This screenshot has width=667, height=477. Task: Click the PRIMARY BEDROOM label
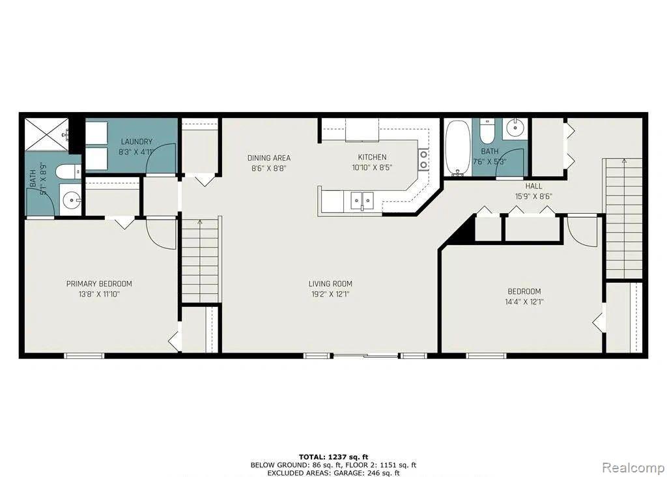coord(99,284)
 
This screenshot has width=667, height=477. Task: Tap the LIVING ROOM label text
coord(330,284)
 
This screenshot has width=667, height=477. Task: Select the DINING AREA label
coord(269,158)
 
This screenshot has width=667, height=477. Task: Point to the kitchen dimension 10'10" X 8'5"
coord(372,167)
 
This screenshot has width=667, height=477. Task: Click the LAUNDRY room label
coord(137,141)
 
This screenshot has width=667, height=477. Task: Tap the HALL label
coord(533,186)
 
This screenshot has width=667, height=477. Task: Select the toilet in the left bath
coord(68,172)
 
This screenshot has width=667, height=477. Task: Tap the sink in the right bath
coord(515,127)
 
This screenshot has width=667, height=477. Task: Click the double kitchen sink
coord(362,201)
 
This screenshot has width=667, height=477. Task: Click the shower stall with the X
coord(46,134)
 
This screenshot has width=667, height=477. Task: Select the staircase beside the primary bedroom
coord(200,261)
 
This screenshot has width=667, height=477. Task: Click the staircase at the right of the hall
coord(624,219)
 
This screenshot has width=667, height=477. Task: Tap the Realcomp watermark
coord(633,468)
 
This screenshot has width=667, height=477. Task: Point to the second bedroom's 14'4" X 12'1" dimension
coord(524,302)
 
